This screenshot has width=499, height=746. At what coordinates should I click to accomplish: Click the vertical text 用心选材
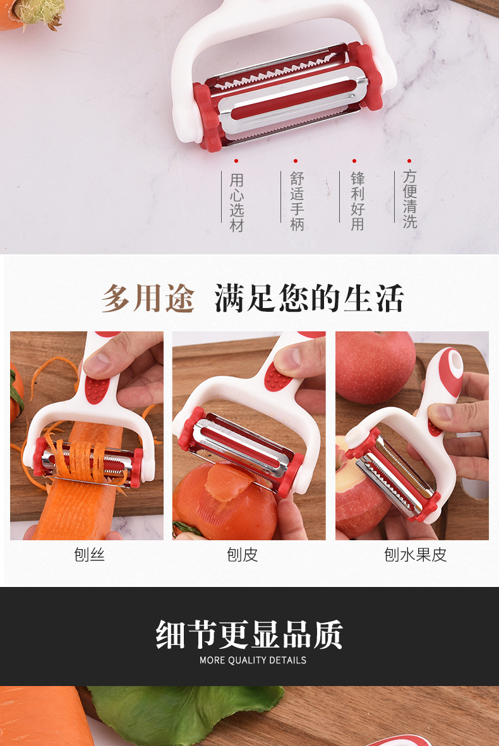237,202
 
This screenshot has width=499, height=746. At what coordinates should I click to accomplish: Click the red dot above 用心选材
236,162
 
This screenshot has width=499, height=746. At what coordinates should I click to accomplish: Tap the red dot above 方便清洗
409,162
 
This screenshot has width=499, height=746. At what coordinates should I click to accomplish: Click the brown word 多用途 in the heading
148,299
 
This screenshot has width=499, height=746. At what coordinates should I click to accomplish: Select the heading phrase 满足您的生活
309,299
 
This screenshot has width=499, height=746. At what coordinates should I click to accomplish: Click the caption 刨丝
89,555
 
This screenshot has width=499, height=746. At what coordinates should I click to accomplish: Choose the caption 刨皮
243,555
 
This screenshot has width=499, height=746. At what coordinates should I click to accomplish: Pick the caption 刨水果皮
415,555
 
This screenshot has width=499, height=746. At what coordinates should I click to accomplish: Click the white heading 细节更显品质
249,634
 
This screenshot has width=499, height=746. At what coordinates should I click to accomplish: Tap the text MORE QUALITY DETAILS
253,660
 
